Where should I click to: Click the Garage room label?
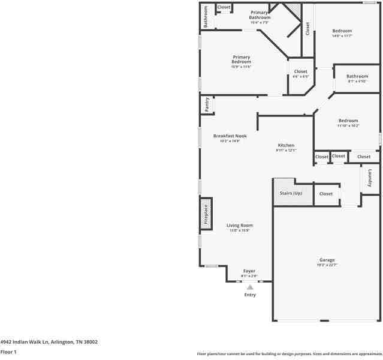tap(327, 260)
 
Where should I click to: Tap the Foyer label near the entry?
tap(249, 271)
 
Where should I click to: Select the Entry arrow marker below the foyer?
tap(250, 287)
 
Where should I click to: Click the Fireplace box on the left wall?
tap(206, 214)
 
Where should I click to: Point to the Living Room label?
tap(240, 226)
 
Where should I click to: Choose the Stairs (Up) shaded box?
tap(291, 193)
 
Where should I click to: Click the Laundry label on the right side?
tap(370, 178)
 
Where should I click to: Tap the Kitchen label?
tap(286, 146)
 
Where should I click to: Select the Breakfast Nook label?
tap(230, 136)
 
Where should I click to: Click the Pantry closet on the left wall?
tap(207, 104)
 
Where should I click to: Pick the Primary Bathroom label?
tap(260, 15)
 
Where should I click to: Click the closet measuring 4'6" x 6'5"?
tap(300, 72)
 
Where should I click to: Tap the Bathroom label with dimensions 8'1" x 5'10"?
tap(357, 76)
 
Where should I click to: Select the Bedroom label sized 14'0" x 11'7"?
tap(342, 31)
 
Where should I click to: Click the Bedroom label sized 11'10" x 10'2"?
tap(348, 121)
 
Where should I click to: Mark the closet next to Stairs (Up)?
tap(325, 194)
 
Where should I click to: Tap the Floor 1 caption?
tap(8, 352)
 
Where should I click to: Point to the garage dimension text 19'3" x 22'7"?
tap(327, 265)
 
